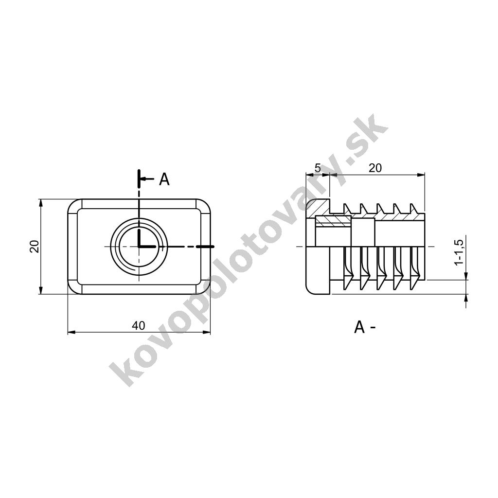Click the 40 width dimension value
139,325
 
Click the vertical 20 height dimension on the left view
35,246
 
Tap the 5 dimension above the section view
318,168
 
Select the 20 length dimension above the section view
375,168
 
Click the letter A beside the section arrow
164,179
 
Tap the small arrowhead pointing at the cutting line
143,179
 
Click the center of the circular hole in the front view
139,247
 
